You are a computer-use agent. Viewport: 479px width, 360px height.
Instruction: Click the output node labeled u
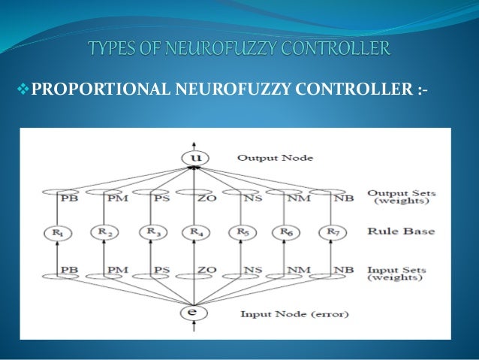click(194, 158)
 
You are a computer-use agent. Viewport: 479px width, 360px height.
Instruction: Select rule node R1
click(56, 231)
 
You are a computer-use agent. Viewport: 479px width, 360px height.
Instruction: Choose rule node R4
click(194, 231)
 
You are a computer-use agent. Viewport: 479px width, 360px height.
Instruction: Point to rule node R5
click(240, 231)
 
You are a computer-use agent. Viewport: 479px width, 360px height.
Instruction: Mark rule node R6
click(287, 231)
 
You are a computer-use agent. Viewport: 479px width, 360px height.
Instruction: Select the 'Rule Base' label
click(400, 231)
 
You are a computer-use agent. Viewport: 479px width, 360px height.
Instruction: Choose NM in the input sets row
click(300, 269)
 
